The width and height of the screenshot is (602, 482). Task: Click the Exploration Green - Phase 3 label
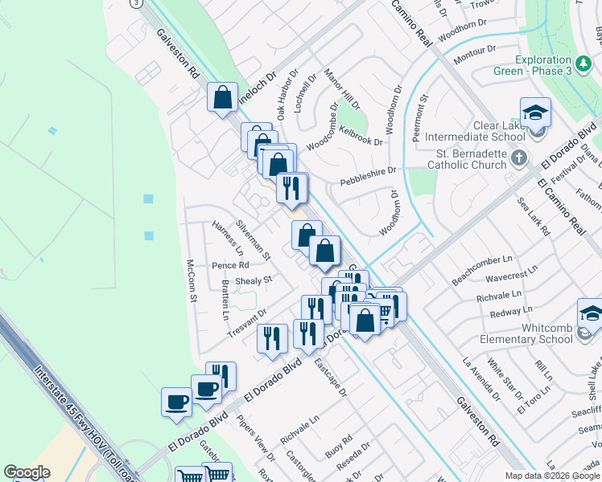tap(532, 65)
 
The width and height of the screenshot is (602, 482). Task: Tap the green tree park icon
tap(583, 62)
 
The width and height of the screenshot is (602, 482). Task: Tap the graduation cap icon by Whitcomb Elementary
tap(592, 314)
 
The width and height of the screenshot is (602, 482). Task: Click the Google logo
tap(27, 472)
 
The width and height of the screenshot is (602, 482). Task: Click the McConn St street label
tap(192, 280)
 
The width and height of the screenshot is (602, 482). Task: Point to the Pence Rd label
tap(230, 265)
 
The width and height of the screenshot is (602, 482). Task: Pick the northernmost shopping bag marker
tap(223, 97)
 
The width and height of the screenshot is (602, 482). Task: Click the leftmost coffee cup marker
tap(176, 402)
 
